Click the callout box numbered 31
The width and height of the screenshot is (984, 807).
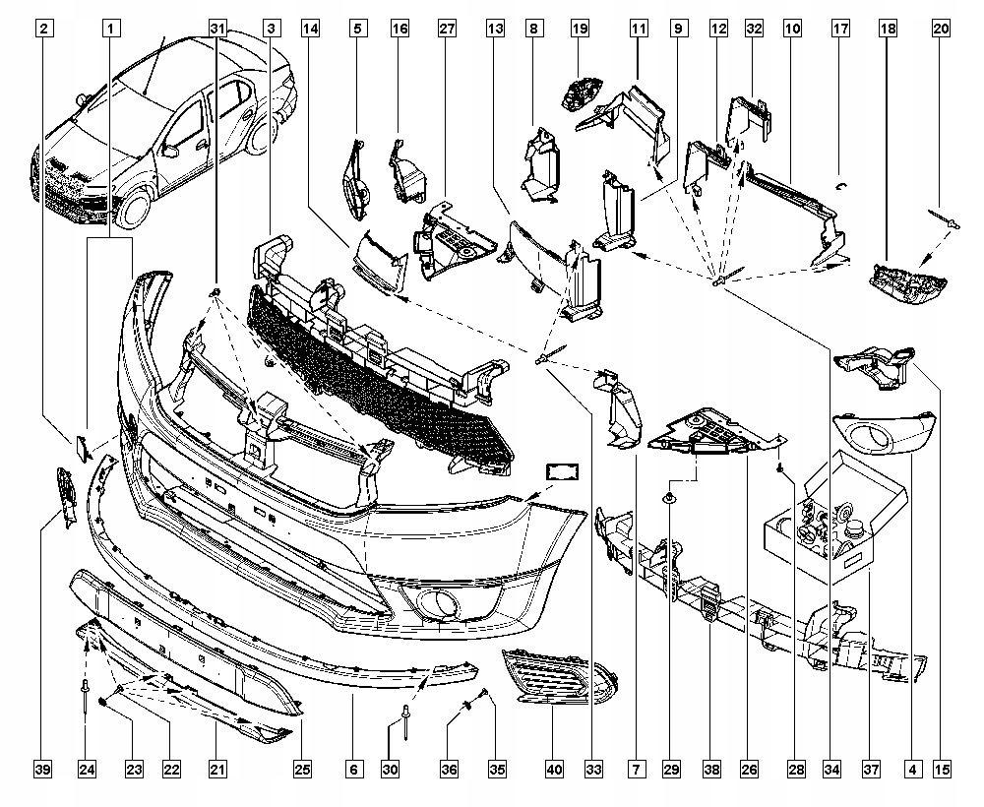click(218, 30)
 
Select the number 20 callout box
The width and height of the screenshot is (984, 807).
click(941, 30)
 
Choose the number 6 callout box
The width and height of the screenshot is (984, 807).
click(352, 770)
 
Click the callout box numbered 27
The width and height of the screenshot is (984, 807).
click(447, 30)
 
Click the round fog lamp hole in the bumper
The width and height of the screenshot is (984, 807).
click(432, 601)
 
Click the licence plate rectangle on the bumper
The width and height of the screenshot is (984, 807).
click(561, 473)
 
